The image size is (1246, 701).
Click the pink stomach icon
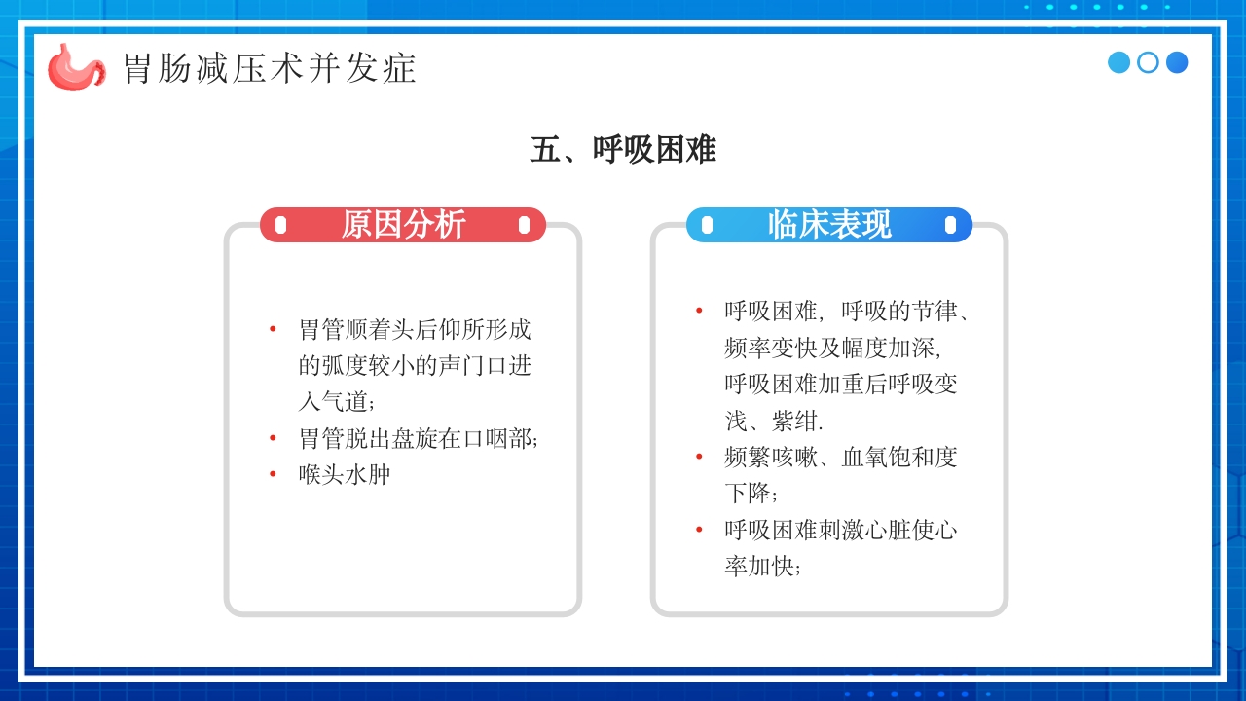coord(76,66)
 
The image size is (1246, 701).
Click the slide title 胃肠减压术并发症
coord(270,68)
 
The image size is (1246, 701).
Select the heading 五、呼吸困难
coord(623,150)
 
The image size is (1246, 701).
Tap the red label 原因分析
coord(403,225)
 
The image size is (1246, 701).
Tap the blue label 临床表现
coord(828,225)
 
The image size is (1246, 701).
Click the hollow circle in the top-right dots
coord(1148,62)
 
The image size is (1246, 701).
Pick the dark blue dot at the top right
coord(1177,62)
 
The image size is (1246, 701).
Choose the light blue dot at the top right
coord(1118,62)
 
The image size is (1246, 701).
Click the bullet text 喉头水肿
coord(345,475)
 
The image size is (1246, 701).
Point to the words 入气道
coord(335,401)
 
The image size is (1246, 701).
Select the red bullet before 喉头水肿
coord(274,474)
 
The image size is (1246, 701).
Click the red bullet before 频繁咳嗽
coord(699,456)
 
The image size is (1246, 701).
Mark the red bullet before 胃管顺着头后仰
coord(274,328)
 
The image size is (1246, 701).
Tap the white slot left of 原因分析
coord(281,225)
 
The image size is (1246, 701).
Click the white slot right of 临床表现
coord(950,225)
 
